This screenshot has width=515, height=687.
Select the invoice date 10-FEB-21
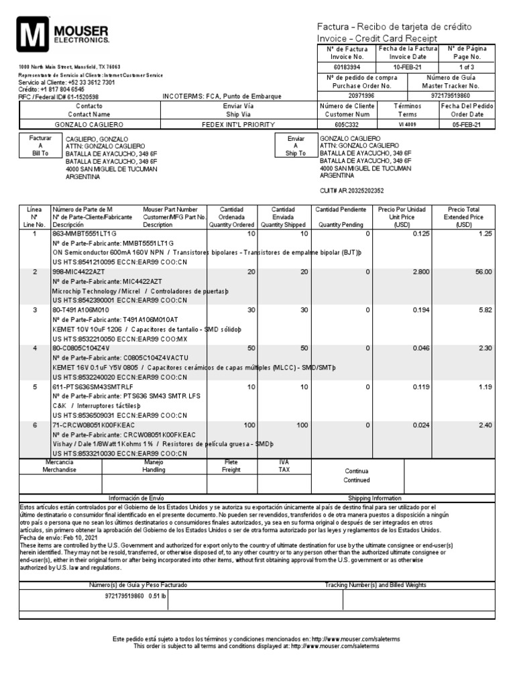tap(407, 68)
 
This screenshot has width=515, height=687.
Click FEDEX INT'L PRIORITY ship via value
tap(229, 125)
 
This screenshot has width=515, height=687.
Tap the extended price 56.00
tap(483, 272)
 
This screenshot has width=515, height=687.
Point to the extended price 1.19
tap(484, 387)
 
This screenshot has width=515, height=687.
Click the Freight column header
tap(231, 466)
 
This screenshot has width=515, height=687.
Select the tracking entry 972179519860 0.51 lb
tap(135, 596)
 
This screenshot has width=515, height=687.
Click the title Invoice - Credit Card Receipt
tap(376, 38)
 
